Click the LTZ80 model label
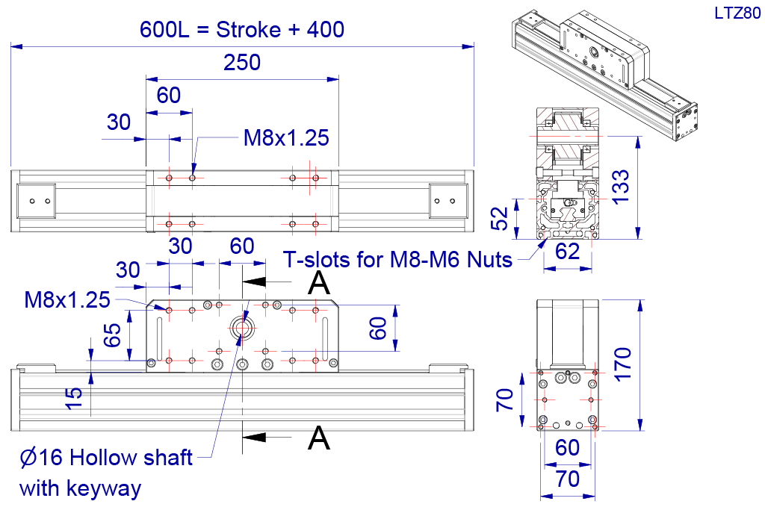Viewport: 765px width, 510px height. coord(737,13)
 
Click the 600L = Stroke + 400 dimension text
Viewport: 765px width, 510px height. coord(242,30)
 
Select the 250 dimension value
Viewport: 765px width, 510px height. coord(242,63)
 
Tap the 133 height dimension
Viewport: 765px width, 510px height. coord(621,187)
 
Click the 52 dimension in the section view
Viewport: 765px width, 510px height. coord(499,219)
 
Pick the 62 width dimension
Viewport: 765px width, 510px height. coord(568,252)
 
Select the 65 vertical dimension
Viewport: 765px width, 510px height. coord(112,335)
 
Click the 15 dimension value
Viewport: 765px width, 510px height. coord(74,398)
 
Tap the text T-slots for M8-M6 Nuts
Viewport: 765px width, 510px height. coord(397,260)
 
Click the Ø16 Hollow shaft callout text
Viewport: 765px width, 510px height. coord(106,458)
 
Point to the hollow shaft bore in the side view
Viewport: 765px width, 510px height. coord(241,328)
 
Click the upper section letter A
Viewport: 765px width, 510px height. coord(318,282)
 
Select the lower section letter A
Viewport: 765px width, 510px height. coord(318,438)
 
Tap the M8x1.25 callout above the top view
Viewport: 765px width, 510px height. coord(286,138)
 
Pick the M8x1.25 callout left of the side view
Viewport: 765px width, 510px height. coord(67,300)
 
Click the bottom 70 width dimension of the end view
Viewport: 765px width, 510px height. coord(568,479)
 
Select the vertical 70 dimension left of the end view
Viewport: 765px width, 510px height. coord(505,399)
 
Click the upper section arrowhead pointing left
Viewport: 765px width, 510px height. coord(254,282)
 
